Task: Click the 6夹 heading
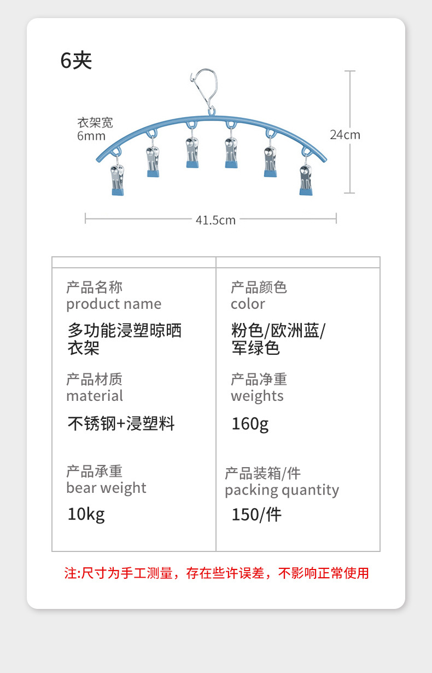pos(76,61)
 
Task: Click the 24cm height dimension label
pos(345,135)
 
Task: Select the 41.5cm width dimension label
pos(215,220)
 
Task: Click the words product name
pos(114,304)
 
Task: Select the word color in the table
pos(248,304)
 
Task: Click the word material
pos(95,396)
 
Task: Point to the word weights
pos(257,396)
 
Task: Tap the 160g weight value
pos(250,424)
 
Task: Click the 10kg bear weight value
pos(86,514)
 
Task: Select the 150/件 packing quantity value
pos(256,515)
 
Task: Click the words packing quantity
pos(282,490)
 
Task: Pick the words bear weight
pos(106,488)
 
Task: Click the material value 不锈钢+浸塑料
pos(121,424)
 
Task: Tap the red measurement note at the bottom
pos(217,573)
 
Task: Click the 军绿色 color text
pos(255,348)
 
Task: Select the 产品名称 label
pos(94,287)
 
